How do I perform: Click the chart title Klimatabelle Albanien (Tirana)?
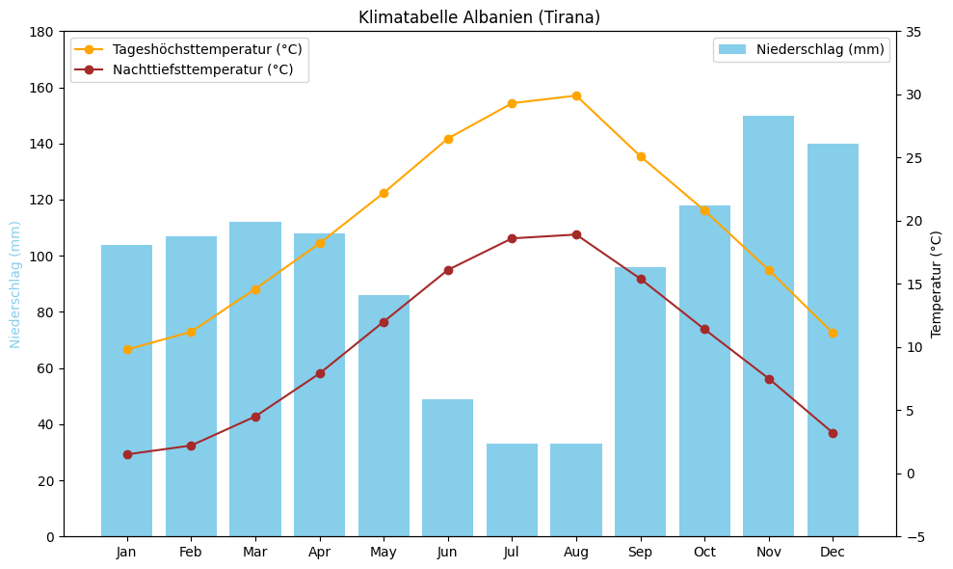(x=479, y=17)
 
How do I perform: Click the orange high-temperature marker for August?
(x=576, y=95)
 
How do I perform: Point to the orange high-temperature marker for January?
(x=127, y=349)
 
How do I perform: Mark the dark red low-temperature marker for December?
(x=833, y=433)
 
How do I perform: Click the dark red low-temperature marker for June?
(x=448, y=270)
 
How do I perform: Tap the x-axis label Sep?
(x=640, y=552)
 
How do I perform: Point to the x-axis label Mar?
(x=255, y=552)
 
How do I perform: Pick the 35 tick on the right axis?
(x=912, y=32)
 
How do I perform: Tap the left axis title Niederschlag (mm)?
(x=15, y=284)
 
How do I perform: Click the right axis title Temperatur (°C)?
(x=937, y=284)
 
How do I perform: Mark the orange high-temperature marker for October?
(x=704, y=210)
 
